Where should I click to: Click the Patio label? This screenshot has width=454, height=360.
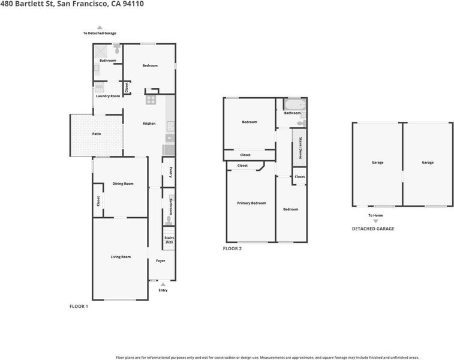coord(97,134)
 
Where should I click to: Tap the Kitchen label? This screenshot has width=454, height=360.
coord(149,124)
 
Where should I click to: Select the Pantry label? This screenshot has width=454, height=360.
coord(171,172)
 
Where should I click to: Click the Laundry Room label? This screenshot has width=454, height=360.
coord(108,96)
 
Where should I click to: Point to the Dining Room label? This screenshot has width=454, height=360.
coord(123,184)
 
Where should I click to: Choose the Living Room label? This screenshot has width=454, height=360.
coord(121,257)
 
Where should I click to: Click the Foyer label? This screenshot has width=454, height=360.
coord(161,260)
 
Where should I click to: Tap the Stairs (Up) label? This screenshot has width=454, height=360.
coord(169,240)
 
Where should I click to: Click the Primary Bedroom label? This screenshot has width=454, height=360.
coord(252,203)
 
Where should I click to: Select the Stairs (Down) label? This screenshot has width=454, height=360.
coord(300,148)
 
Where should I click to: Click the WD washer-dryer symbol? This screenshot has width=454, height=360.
coord(99,87)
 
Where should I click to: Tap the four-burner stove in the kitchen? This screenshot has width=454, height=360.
coord(151,100)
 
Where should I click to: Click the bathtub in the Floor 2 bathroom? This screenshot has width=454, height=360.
coord(294,104)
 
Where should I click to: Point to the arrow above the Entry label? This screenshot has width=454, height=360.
coord(163,284)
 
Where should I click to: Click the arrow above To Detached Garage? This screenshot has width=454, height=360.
coord(100,28)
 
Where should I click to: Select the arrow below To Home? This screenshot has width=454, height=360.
coord(375,221)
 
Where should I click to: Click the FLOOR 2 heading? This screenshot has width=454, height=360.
coord(232,248)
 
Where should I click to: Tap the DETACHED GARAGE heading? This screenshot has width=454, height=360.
coord(373,229)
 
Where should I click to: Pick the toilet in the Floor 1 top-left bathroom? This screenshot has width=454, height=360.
coord(117,49)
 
